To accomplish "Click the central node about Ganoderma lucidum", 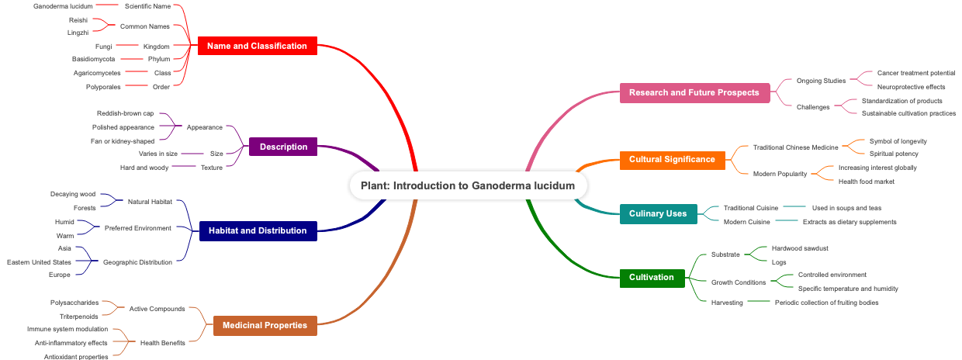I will click(x=468, y=185).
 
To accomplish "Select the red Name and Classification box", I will click(x=257, y=46).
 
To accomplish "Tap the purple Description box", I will click(x=283, y=147).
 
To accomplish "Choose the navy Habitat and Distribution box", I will click(x=258, y=230).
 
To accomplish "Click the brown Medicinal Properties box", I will click(x=265, y=325).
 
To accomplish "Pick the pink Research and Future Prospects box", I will click(x=694, y=92).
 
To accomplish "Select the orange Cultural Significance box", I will click(x=672, y=159).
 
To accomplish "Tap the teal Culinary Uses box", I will click(x=658, y=213).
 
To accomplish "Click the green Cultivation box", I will click(x=652, y=277).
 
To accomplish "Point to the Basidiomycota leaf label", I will click(x=94, y=59).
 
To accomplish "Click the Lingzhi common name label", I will click(x=78, y=33).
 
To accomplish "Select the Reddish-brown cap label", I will click(x=125, y=113).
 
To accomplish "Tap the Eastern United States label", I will click(x=39, y=262).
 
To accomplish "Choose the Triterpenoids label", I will click(x=79, y=317).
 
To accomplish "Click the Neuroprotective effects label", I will click(x=911, y=87).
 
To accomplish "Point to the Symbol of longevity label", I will click(x=898, y=141).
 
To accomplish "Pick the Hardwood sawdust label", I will click(x=800, y=248).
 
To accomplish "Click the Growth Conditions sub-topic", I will click(x=739, y=282).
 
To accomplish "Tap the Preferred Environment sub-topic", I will click(x=138, y=228).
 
